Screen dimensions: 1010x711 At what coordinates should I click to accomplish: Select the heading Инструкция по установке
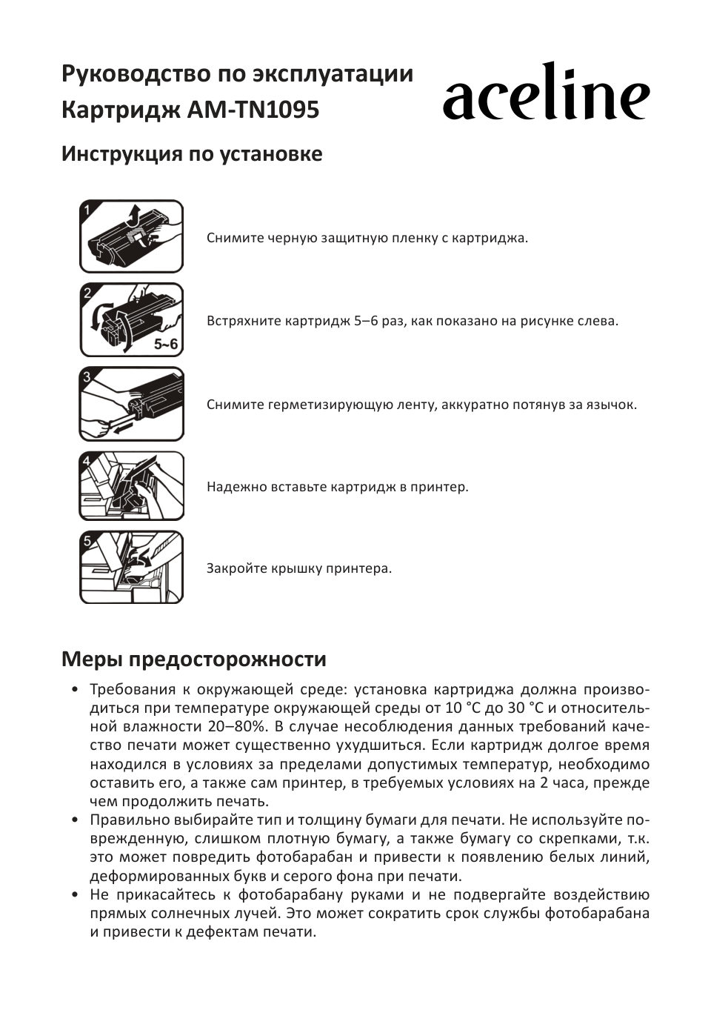pos(192,154)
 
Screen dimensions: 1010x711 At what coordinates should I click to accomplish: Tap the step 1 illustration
pos(131,236)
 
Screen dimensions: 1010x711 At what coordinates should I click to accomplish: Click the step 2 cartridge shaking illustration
pos(131,319)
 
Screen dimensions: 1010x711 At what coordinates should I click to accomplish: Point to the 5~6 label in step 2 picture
pos(166,344)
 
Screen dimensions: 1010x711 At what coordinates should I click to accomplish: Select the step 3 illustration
pos(131,405)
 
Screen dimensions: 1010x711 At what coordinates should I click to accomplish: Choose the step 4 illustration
pos(131,486)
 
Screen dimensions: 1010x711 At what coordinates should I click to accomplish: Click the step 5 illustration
pos(131,568)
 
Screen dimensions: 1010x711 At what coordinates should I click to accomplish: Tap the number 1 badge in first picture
pos(87,210)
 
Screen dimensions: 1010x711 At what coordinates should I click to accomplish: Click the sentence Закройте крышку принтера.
pos(298,569)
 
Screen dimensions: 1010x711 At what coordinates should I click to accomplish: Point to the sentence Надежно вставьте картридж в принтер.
pos(337,488)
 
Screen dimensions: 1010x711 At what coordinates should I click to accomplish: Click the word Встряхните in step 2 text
pos(243,322)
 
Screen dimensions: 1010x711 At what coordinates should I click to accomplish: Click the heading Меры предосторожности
pos(193,659)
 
